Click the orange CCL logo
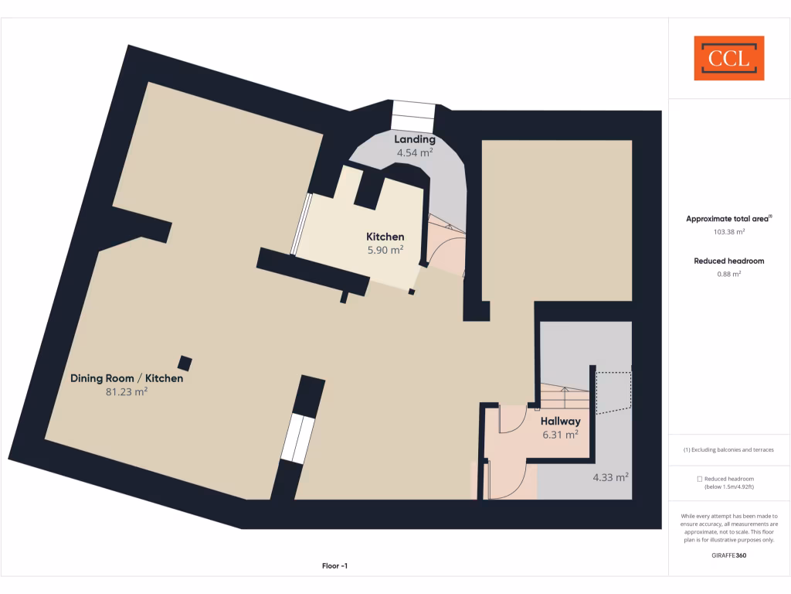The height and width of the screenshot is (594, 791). tap(728, 58)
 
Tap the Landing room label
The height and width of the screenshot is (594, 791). tap(415, 139)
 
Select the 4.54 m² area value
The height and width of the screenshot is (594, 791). tap(415, 152)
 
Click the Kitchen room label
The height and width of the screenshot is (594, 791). tap(385, 237)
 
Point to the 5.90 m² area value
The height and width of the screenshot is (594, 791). tap(385, 250)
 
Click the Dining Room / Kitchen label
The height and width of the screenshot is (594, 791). tap(127, 378)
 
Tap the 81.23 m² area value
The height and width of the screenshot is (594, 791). tap(127, 392)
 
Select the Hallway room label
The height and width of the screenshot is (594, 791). tap(560, 421)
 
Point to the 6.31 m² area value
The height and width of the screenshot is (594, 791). tap(560, 435)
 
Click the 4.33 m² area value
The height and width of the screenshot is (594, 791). tap(610, 477)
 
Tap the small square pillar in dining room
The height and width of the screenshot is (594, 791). tap(185, 363)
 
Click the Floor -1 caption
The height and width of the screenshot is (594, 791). tap(334, 566)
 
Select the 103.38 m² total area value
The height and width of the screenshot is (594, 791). tap(728, 231)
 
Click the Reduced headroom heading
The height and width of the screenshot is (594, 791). tap(728, 261)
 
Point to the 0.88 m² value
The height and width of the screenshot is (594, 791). tap(728, 273)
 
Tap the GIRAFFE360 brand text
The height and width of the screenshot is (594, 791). tap(728, 555)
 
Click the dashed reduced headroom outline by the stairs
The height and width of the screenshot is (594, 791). tap(615, 393)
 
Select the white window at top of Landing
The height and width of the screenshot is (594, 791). tap(414, 115)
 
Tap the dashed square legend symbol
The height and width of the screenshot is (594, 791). tap(699, 480)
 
